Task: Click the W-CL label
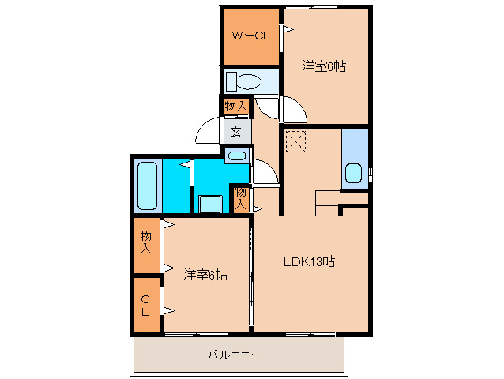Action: point(250,36)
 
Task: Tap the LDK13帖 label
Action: point(310,262)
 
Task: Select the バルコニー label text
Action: point(235,355)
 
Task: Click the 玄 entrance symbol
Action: point(236,132)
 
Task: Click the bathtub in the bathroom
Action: point(148,186)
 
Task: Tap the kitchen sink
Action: point(354,174)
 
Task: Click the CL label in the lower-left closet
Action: point(145,305)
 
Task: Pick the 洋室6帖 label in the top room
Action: point(324,67)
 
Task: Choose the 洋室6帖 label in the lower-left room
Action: point(206,275)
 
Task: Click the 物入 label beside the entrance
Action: point(235,106)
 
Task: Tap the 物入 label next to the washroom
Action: point(241,198)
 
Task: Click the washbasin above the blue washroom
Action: point(236,156)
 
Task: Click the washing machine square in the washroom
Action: point(209,204)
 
